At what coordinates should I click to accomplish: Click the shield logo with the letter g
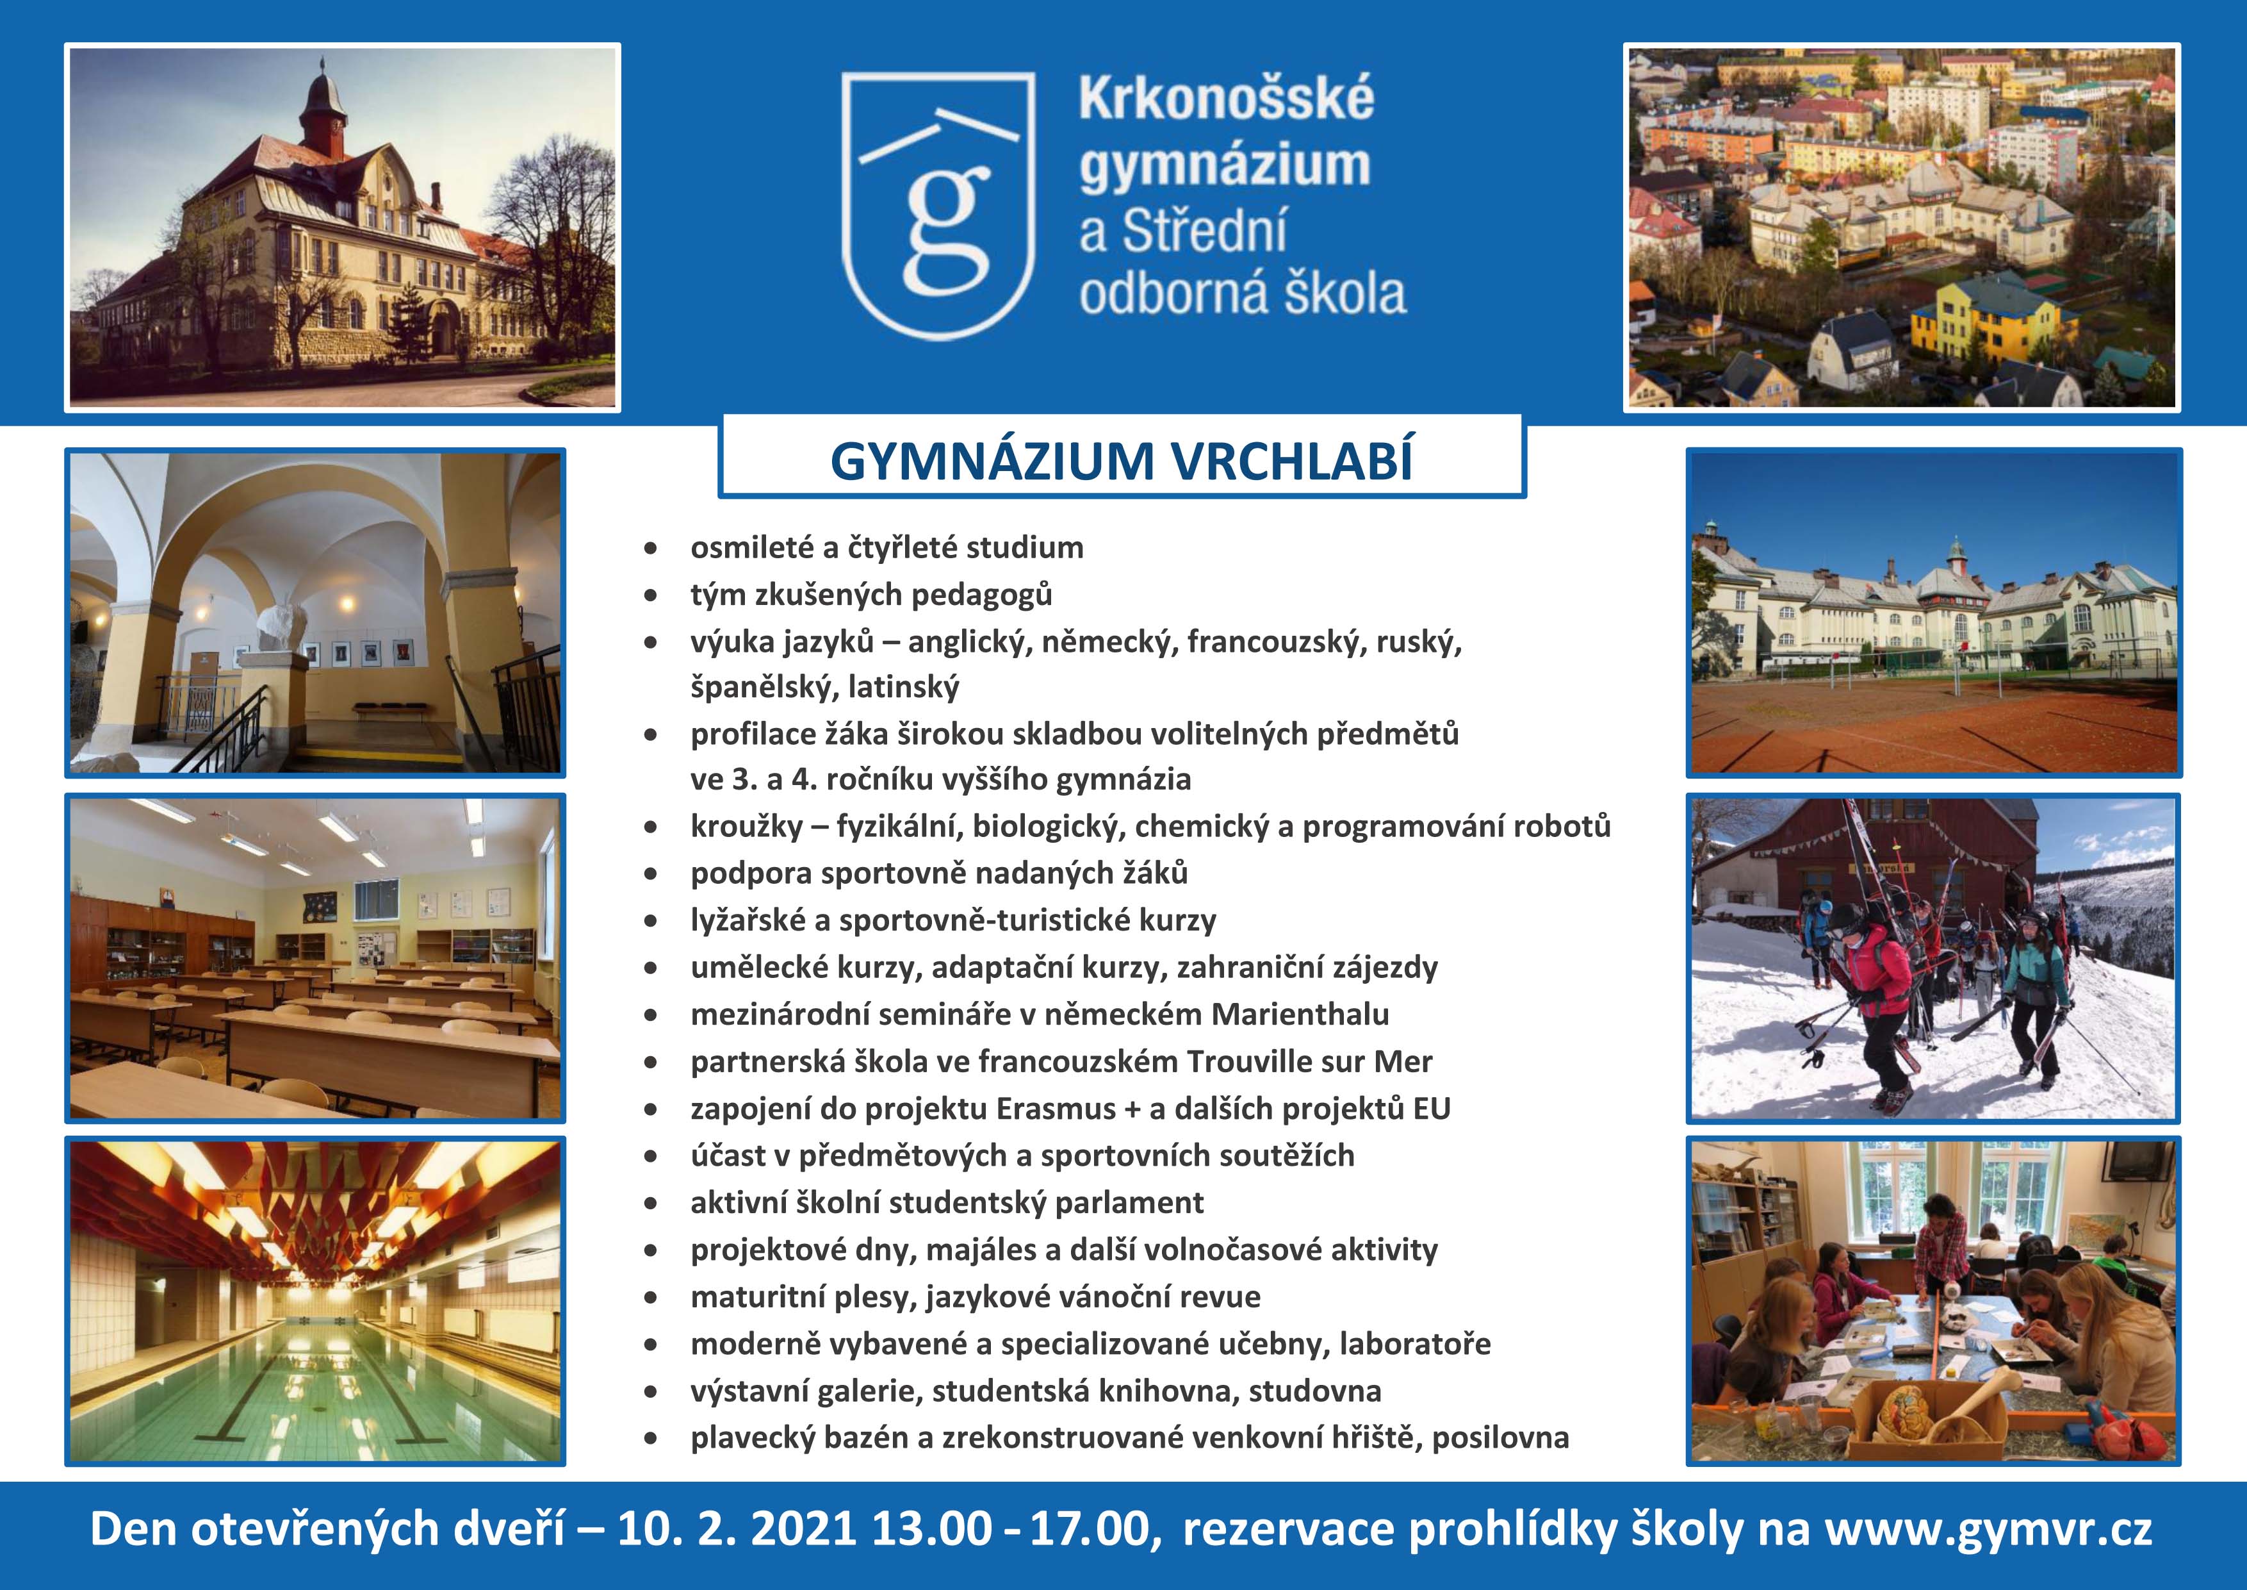pyautogui.click(x=938, y=206)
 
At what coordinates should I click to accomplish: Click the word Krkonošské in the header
pyautogui.click(x=1226, y=100)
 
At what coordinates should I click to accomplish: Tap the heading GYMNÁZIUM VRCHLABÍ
pyautogui.click(x=1122, y=462)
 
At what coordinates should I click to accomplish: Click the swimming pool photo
pyautogui.click(x=315, y=1301)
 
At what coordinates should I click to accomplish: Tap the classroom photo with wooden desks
pyautogui.click(x=315, y=957)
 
